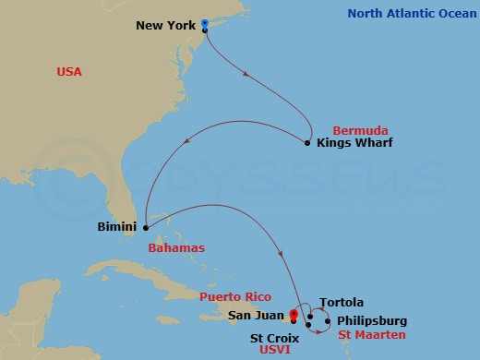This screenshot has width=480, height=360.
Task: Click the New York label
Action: click(166, 25)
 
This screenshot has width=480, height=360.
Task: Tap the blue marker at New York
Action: click(204, 24)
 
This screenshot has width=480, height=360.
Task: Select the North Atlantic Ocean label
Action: click(409, 13)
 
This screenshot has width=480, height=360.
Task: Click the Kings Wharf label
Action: click(354, 143)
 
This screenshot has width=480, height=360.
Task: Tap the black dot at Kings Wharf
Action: click(306, 143)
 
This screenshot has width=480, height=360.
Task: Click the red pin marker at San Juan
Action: click(293, 314)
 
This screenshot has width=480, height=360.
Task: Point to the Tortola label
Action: click(341, 303)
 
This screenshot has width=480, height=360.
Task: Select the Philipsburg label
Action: click(372, 320)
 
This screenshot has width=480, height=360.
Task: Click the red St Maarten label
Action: click(372, 334)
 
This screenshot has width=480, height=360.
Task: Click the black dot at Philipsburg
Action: click(327, 320)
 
